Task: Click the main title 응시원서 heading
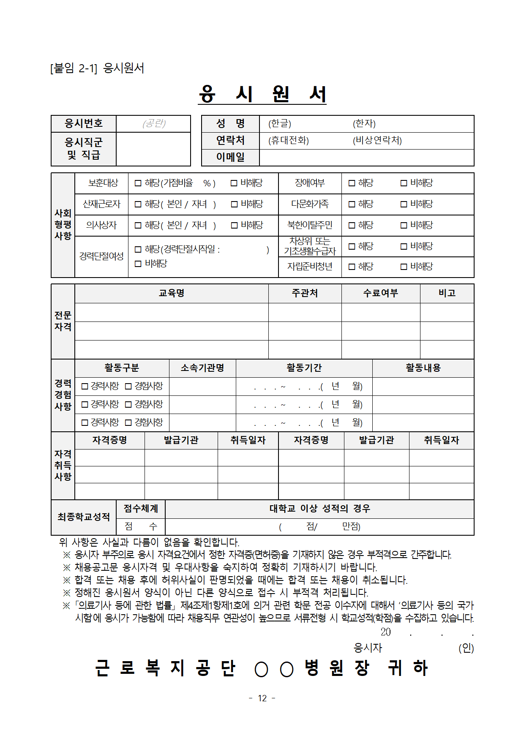click(262, 94)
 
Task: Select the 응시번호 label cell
click(84, 123)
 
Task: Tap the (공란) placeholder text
click(154, 123)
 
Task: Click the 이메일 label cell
click(230, 157)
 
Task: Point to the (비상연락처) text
click(377, 140)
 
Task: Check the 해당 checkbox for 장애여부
click(352, 183)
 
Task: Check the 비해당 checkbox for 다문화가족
click(404, 204)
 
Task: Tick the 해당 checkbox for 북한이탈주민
click(352, 225)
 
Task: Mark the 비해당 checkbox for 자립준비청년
click(404, 267)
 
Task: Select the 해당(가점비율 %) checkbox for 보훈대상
click(138, 183)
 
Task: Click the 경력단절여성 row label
click(101, 256)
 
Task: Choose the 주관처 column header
click(305, 293)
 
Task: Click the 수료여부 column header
click(381, 293)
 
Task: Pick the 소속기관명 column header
click(202, 368)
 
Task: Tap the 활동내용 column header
click(423, 368)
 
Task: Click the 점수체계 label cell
click(141, 509)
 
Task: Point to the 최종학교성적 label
click(84, 517)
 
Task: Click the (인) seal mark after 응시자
click(466, 648)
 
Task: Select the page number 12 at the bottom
click(262, 698)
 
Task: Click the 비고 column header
click(447, 293)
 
